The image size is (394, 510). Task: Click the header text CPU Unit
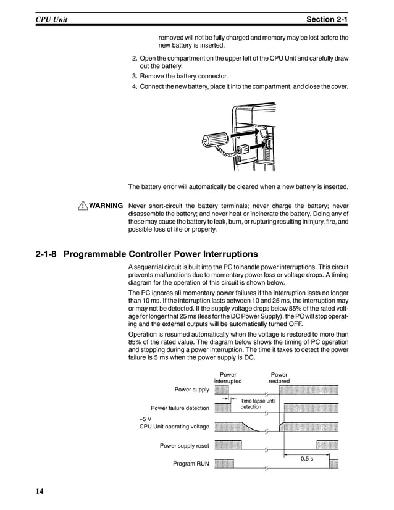click(x=51, y=20)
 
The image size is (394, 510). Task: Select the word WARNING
click(x=106, y=206)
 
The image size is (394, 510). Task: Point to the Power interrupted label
click(x=228, y=378)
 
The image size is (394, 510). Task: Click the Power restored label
click(x=279, y=378)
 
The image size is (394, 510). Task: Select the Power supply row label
click(x=191, y=390)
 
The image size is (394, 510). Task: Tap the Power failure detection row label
click(x=180, y=408)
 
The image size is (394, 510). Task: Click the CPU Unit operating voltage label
click(x=174, y=427)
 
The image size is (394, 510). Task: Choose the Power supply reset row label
click(x=184, y=445)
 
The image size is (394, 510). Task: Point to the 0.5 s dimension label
click(x=306, y=459)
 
